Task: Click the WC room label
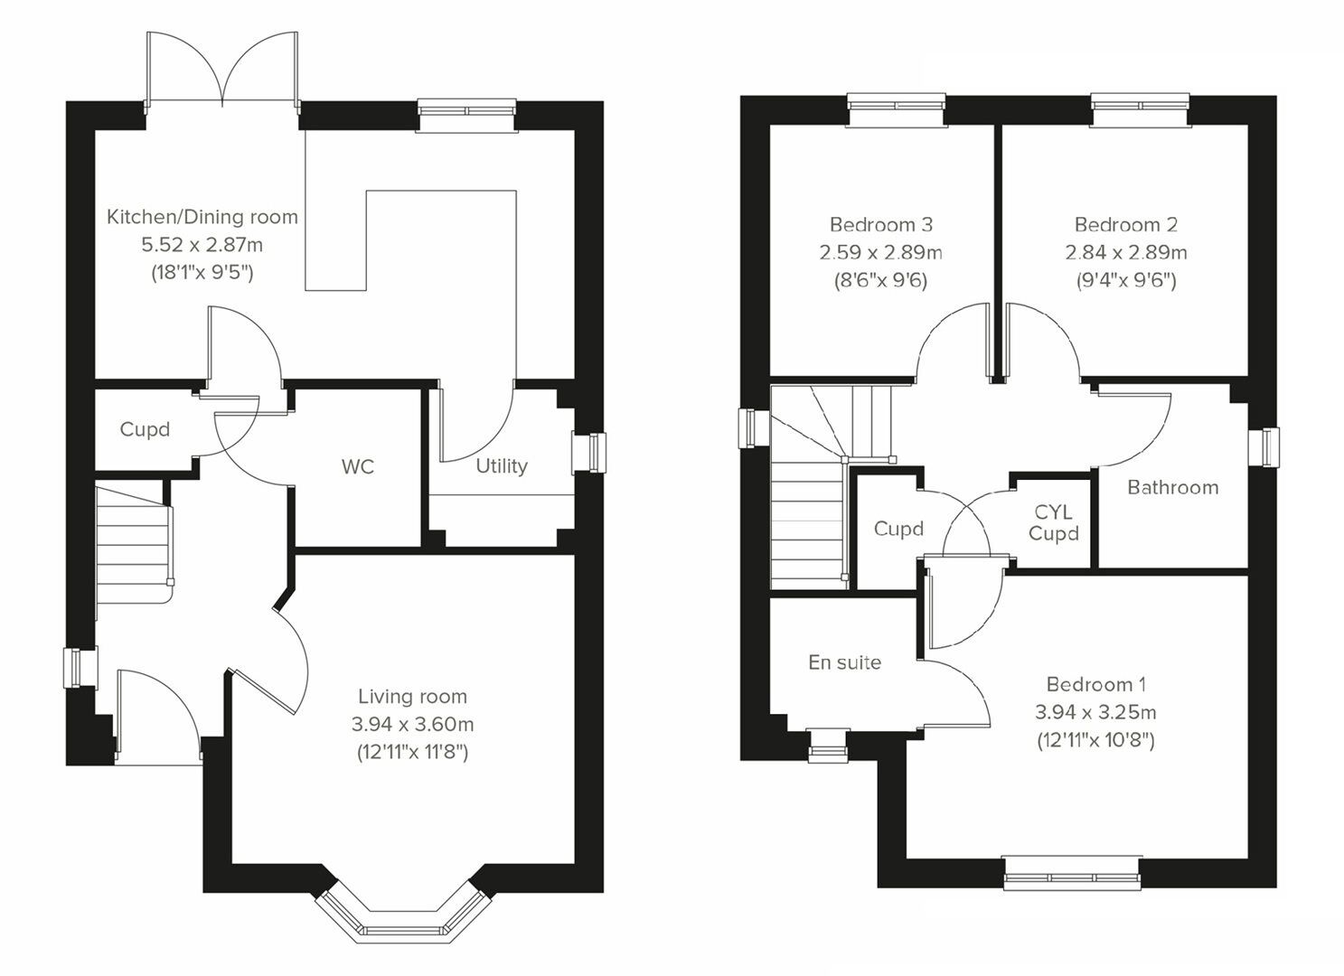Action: click(357, 467)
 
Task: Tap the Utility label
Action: click(502, 466)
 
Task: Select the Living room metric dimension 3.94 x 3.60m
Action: click(412, 724)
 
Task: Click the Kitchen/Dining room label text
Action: click(202, 217)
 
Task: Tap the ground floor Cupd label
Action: click(145, 429)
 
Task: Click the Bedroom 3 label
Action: click(880, 225)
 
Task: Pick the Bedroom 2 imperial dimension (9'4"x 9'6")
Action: click(1125, 281)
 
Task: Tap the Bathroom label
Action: click(1172, 488)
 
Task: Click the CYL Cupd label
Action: click(1053, 523)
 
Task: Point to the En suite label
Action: click(844, 662)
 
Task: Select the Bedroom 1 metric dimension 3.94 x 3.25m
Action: click(1095, 712)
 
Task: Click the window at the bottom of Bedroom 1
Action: click(1071, 875)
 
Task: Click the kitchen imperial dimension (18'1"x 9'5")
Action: click(202, 273)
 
